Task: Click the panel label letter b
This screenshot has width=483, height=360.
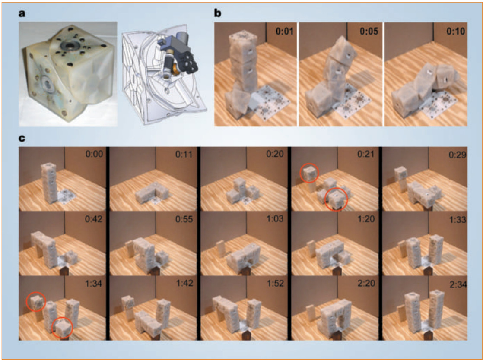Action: pos(217,13)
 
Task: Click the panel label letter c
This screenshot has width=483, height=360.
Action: pos(22,138)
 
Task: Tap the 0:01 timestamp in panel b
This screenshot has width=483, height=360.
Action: pos(284,32)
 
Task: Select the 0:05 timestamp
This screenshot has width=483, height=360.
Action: pos(369,32)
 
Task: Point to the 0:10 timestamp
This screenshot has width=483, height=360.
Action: pos(456,32)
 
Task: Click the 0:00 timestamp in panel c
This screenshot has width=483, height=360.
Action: pos(94,154)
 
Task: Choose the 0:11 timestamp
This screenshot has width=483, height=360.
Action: pos(184,154)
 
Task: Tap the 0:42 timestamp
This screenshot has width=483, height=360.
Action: pos(94,219)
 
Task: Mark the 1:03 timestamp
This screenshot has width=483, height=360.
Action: pos(275,219)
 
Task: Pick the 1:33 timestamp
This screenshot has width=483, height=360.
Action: pos(458,219)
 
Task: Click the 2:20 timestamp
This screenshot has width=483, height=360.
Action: pos(366,283)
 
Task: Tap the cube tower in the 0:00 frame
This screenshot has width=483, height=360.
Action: pos(49,183)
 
